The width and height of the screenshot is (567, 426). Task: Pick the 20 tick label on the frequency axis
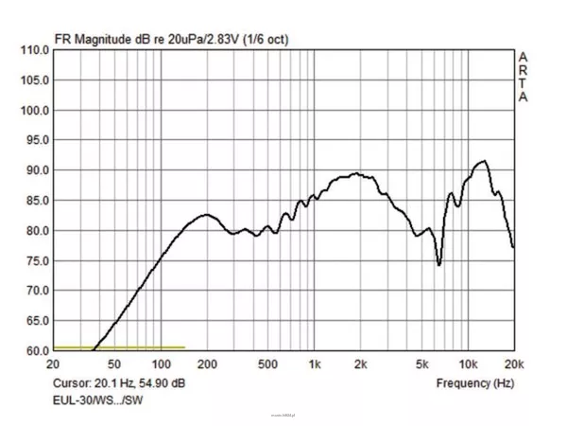[55, 364]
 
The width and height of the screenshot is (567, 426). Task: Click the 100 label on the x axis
[161, 364]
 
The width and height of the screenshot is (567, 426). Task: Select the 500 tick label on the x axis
[267, 364]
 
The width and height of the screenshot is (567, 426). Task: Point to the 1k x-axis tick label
[315, 364]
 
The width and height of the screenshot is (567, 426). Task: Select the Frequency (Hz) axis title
[475, 383]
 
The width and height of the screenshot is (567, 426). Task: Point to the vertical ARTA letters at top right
[523, 77]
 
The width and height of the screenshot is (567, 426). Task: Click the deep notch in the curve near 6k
[439, 264]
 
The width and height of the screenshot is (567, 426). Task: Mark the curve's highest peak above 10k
[484, 161]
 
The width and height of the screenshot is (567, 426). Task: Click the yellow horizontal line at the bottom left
[119, 347]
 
